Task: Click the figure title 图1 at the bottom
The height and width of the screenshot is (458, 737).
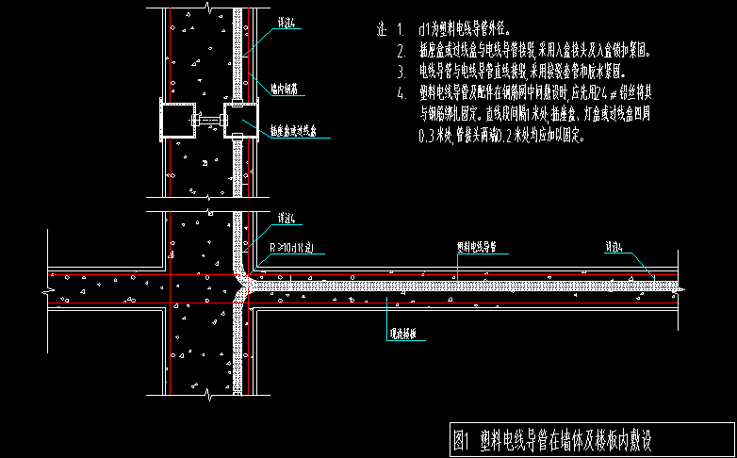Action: click(461, 440)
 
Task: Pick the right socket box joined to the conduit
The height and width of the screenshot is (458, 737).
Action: click(239, 123)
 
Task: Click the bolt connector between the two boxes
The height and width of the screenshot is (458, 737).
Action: click(209, 121)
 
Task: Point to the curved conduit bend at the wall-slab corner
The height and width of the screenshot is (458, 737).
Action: click(244, 274)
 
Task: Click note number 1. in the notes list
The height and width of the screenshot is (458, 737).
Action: click(401, 29)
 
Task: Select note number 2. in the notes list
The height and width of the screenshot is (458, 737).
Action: click(401, 50)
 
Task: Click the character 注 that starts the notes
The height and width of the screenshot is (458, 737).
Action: click(381, 29)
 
